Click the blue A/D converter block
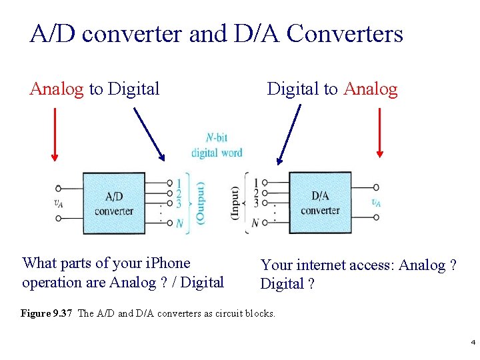click(113, 203)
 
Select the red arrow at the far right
click(380, 133)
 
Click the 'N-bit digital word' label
click(216, 145)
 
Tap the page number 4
click(473, 343)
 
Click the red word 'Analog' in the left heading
click(57, 89)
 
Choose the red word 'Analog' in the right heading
click(371, 89)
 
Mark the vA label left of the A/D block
click(59, 203)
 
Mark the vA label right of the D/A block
click(377, 203)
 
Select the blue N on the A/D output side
click(179, 223)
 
